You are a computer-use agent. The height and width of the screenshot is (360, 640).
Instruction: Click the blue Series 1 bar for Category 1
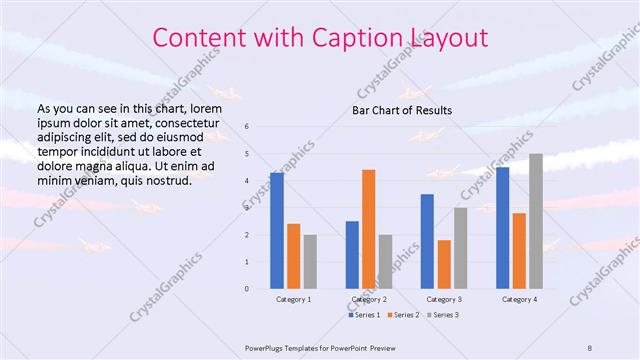pyautogui.click(x=277, y=231)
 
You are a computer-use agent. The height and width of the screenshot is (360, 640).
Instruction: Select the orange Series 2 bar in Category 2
pyautogui.click(x=369, y=229)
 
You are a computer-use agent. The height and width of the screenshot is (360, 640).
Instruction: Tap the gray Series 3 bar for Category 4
pyautogui.click(x=536, y=221)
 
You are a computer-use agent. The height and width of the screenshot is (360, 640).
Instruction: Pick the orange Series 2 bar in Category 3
pyautogui.click(x=444, y=264)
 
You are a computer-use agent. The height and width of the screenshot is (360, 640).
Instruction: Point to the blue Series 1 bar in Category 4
pyautogui.click(x=502, y=228)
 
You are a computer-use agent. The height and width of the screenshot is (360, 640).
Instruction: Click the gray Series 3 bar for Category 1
pyautogui.click(x=310, y=262)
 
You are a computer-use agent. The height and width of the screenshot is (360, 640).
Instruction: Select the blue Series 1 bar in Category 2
pyautogui.click(x=352, y=255)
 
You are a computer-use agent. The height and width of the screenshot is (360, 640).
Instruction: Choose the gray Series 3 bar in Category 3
pyautogui.click(x=461, y=248)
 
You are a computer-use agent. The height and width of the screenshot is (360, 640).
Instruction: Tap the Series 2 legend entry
pyautogui.click(x=404, y=315)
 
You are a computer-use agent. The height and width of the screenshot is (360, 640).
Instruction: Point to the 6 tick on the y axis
pyautogui.click(x=246, y=127)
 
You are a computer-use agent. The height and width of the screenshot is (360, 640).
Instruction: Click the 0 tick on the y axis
pyautogui.click(x=246, y=289)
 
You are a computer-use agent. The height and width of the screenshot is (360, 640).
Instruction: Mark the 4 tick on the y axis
pyautogui.click(x=246, y=181)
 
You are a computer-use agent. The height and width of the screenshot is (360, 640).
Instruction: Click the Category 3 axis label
pyautogui.click(x=444, y=299)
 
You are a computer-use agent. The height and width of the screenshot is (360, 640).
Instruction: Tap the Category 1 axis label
pyautogui.click(x=293, y=299)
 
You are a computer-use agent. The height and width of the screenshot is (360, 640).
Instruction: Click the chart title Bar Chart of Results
pyautogui.click(x=402, y=109)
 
